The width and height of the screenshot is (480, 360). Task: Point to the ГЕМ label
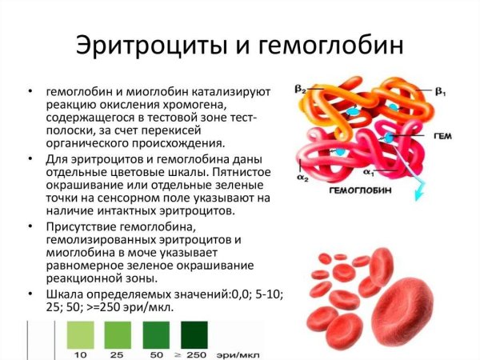442,138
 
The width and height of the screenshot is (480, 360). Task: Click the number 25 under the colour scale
118,353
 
